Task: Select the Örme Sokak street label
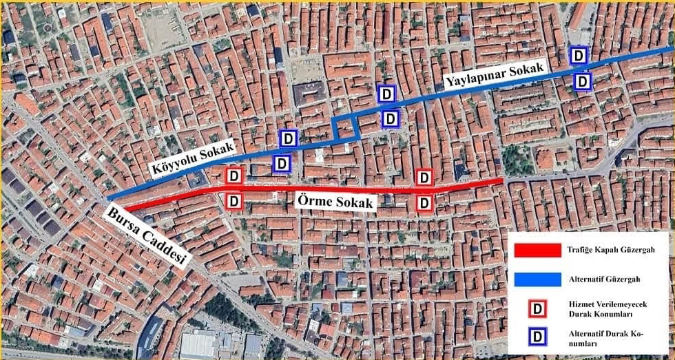point(334,202)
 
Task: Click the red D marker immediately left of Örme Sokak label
point(234,201)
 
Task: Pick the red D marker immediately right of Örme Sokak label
point(425,202)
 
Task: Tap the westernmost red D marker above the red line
point(234,176)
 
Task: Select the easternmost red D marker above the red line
point(425,178)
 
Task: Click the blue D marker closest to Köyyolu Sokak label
point(281,164)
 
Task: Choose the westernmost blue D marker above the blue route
point(289,138)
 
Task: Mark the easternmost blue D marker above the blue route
point(579,55)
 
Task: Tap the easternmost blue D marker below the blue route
point(583,81)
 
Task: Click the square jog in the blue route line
point(344,127)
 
